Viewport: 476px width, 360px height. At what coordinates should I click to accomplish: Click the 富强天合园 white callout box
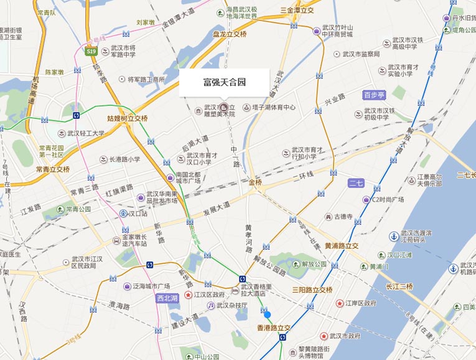point(225,82)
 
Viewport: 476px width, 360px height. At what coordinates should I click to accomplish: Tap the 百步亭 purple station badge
point(375,95)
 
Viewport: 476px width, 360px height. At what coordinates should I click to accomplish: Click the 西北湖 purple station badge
point(166,298)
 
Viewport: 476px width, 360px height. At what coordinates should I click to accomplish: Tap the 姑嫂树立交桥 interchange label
point(128,118)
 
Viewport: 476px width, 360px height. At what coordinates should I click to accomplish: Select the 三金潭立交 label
point(297,11)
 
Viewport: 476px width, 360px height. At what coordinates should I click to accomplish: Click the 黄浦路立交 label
point(342,245)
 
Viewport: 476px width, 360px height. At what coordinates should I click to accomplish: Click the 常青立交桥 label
point(53,169)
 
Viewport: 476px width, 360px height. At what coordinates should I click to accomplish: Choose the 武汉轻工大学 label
point(86,133)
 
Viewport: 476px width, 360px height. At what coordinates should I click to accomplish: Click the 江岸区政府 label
point(362,303)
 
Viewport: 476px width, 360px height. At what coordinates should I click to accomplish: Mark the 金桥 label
point(256,182)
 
